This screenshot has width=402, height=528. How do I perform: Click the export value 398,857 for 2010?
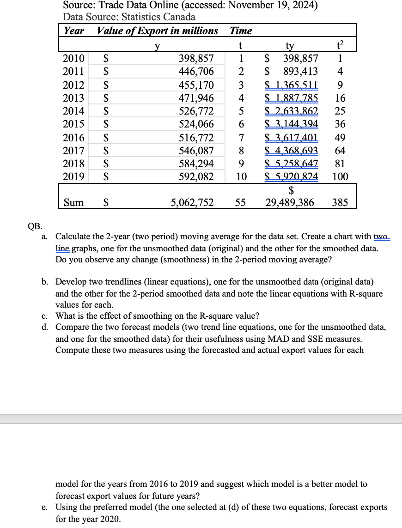click(196, 58)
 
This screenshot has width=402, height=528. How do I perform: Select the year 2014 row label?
click(73, 111)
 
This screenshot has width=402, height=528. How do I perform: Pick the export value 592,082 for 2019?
click(196, 176)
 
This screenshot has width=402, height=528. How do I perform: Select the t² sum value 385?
click(340, 202)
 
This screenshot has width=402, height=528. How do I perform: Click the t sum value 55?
click(240, 202)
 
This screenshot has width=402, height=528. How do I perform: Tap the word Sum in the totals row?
click(73, 202)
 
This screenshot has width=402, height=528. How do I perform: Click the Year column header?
click(73, 31)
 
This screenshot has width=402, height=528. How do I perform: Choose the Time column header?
click(241, 31)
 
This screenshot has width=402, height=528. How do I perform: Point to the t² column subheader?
click(340, 45)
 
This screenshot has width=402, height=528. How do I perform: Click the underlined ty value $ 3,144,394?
click(291, 124)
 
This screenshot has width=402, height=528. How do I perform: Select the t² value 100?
click(340, 176)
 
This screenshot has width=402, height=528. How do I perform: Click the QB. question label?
click(35, 226)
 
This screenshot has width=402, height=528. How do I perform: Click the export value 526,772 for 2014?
click(196, 111)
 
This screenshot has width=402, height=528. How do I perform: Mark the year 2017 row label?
click(73, 151)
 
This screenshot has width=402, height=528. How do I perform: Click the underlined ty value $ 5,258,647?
click(291, 164)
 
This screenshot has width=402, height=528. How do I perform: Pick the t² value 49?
click(340, 137)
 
